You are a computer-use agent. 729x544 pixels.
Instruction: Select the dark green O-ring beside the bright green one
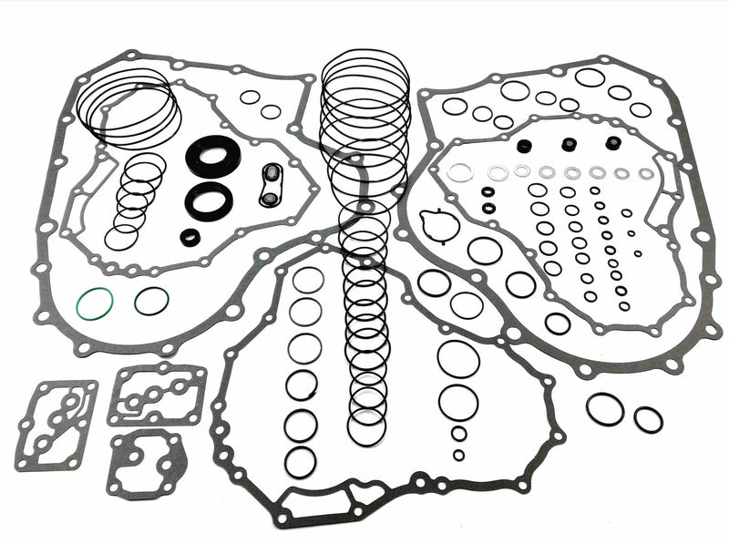click(151, 301)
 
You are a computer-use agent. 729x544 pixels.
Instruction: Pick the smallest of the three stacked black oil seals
click(190, 238)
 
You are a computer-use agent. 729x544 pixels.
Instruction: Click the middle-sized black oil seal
click(209, 200)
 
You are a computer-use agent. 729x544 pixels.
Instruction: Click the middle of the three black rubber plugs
click(569, 144)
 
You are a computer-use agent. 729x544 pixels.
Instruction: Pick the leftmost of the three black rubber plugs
click(524, 146)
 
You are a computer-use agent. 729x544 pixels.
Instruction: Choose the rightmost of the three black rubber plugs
click(613, 142)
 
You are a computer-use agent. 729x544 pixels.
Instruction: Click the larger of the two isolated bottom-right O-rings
click(605, 409)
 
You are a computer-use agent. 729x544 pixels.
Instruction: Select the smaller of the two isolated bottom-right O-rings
click(648, 420)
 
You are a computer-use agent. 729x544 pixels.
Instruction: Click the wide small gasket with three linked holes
click(157, 395)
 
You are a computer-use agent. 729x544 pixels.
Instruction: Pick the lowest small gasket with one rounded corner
click(147, 464)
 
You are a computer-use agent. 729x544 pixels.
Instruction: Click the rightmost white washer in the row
click(646, 173)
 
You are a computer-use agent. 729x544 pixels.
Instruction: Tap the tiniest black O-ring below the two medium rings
click(457, 455)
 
